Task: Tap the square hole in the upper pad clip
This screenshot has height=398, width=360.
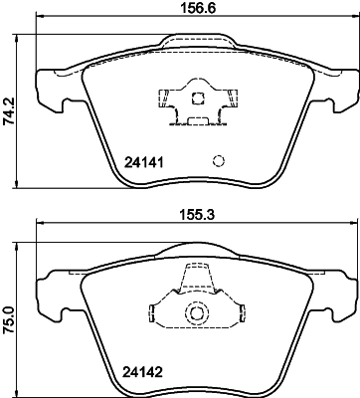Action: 197,99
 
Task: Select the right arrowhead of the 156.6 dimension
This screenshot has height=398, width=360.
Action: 356,21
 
